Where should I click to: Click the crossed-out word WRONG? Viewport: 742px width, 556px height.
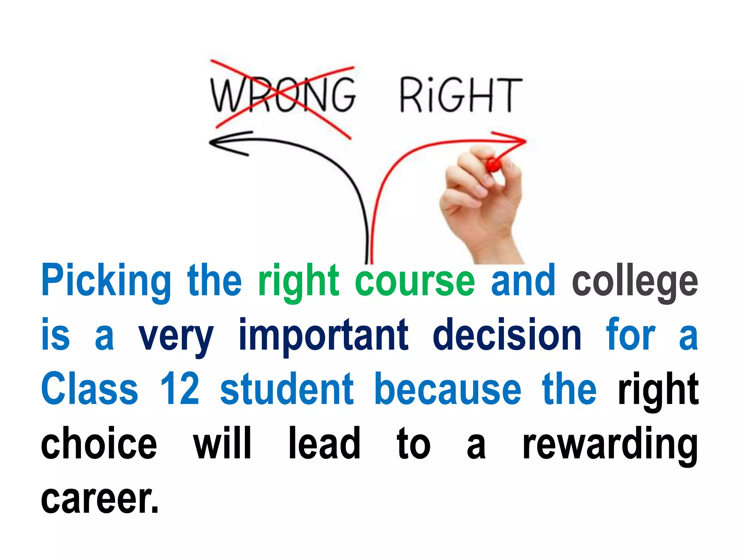tap(283, 95)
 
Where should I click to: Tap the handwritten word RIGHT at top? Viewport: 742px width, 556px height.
tap(461, 95)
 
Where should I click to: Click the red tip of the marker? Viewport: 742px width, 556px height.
tap(493, 165)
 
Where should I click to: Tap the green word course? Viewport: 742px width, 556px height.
tap(415, 281)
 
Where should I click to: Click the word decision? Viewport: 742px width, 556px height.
tap(507, 335)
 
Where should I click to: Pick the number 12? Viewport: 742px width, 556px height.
tap(180, 389)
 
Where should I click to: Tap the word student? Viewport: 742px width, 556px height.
tap(287, 389)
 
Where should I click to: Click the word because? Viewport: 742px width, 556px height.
tap(448, 389)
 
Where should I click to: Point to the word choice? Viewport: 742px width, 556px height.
tap(99, 443)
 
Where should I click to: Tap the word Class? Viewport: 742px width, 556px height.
tap(89, 389)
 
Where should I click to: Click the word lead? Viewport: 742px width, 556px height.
tap(324, 443)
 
